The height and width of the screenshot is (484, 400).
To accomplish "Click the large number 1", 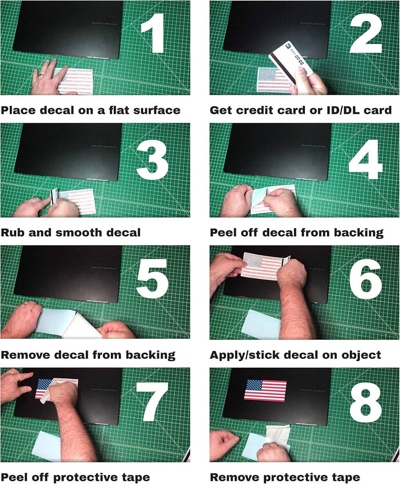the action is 154,33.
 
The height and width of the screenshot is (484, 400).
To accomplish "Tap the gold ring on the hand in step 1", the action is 41,75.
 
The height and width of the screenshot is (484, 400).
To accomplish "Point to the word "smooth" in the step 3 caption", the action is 78,233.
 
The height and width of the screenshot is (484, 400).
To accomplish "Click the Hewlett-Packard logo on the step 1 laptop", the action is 104,24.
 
